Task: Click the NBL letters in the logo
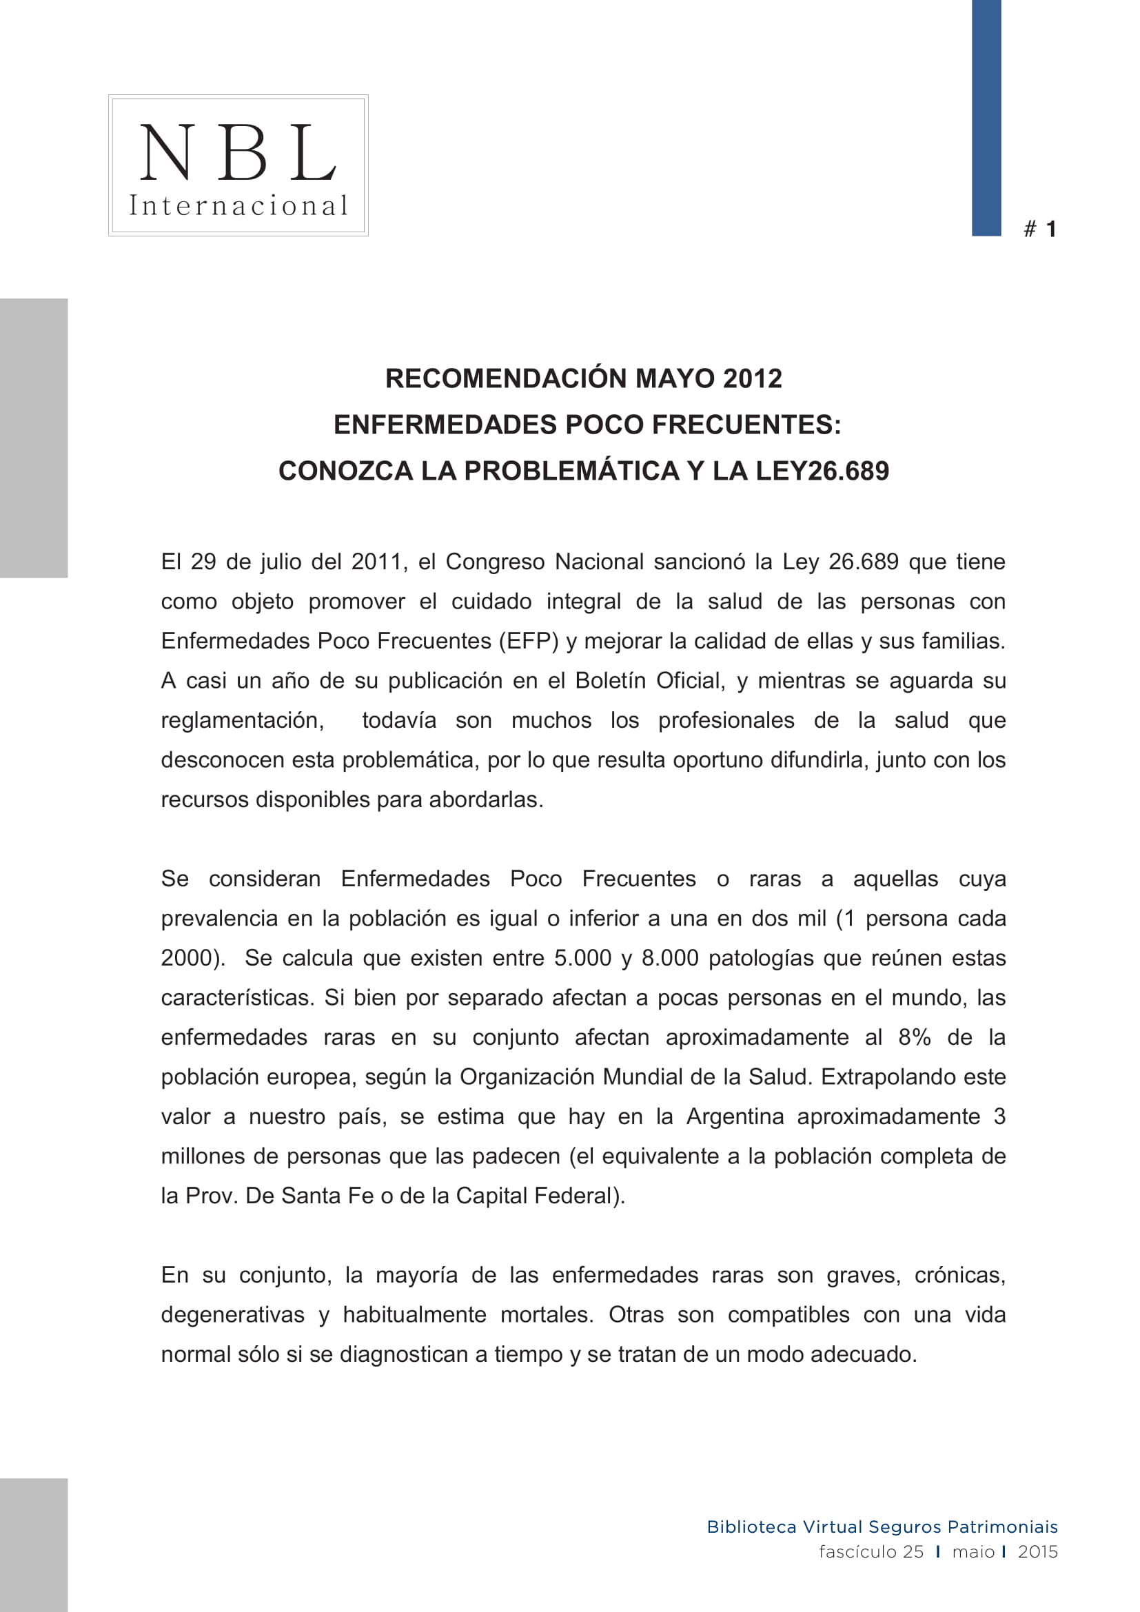pos(238,152)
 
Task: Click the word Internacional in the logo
pos(238,205)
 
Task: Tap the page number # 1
pos(1040,229)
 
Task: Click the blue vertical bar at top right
pos(986,117)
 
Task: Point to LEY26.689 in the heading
pos(822,471)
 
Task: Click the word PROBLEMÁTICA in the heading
pos(571,471)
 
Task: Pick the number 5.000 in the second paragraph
pos(582,959)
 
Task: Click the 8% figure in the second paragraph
pos(914,1038)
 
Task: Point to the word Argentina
pos(735,1117)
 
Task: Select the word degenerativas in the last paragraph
pos(232,1315)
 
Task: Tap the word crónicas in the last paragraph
pos(959,1275)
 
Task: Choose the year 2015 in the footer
pos(1037,1551)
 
